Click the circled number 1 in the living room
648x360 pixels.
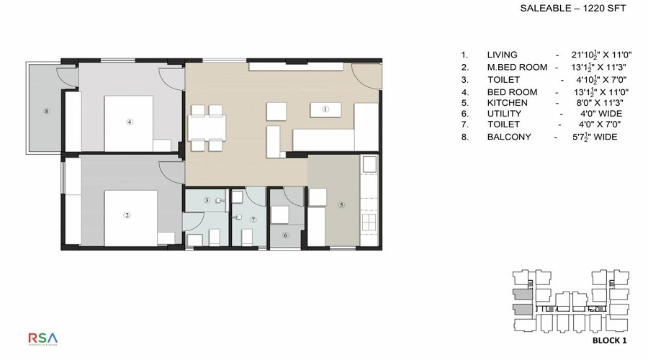pos(325,109)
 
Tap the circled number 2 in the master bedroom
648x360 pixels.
pos(127,215)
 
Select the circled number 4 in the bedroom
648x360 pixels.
pos(130,122)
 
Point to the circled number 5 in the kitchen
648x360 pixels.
pos(341,204)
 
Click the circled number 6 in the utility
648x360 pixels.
pos(285,235)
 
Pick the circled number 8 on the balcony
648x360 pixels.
pos(46,111)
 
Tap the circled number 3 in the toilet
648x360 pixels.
pos(206,200)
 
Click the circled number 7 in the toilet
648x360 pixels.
pos(253,219)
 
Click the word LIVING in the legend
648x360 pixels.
pos(502,55)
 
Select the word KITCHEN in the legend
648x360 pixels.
pos(507,103)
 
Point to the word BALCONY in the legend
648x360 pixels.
pos(509,137)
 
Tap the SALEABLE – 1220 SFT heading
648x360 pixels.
pos(573,9)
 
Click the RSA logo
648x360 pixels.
pos(43,338)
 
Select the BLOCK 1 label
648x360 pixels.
pos(610,340)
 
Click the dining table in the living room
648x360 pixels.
pos(206,128)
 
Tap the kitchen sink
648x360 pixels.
pos(369,163)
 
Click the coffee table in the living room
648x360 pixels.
pos(325,110)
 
